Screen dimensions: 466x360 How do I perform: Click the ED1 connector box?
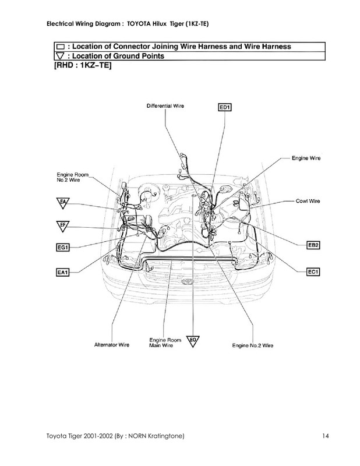(225, 107)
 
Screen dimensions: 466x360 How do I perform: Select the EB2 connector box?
(313, 246)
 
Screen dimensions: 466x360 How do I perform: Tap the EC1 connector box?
(313, 271)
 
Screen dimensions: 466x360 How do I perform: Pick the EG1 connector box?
(63, 248)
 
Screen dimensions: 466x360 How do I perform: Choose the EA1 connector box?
(63, 271)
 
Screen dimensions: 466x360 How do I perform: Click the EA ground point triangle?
(62, 202)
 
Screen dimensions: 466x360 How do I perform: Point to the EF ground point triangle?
(62, 225)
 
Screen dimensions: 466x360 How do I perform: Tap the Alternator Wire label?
(112, 345)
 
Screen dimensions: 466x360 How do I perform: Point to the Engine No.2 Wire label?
(252, 345)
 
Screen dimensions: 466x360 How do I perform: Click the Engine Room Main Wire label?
(162, 342)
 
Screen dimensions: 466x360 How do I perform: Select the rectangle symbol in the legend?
(60, 45)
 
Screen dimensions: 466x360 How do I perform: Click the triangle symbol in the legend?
(60, 56)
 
